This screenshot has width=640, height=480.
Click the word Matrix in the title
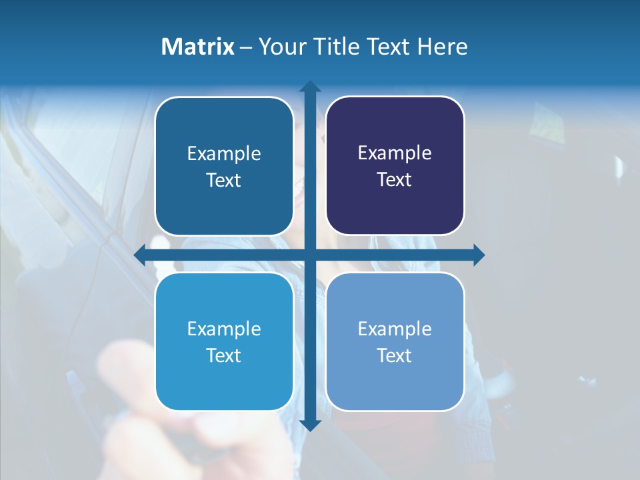pos(198,47)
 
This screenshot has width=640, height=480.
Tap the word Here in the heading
pos(443,47)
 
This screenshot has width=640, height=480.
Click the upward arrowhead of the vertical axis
pos(310,87)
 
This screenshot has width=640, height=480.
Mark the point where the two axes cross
pos(310,255)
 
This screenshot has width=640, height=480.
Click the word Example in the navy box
pos(395,153)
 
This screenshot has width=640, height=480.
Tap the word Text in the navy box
pos(395,180)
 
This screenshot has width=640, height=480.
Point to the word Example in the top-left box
pos(224,154)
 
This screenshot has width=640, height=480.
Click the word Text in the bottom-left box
pos(224,355)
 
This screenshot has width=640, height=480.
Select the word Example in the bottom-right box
pos(395,329)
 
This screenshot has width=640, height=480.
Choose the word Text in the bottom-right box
pos(395,355)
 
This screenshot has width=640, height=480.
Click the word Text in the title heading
pos(388,47)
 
